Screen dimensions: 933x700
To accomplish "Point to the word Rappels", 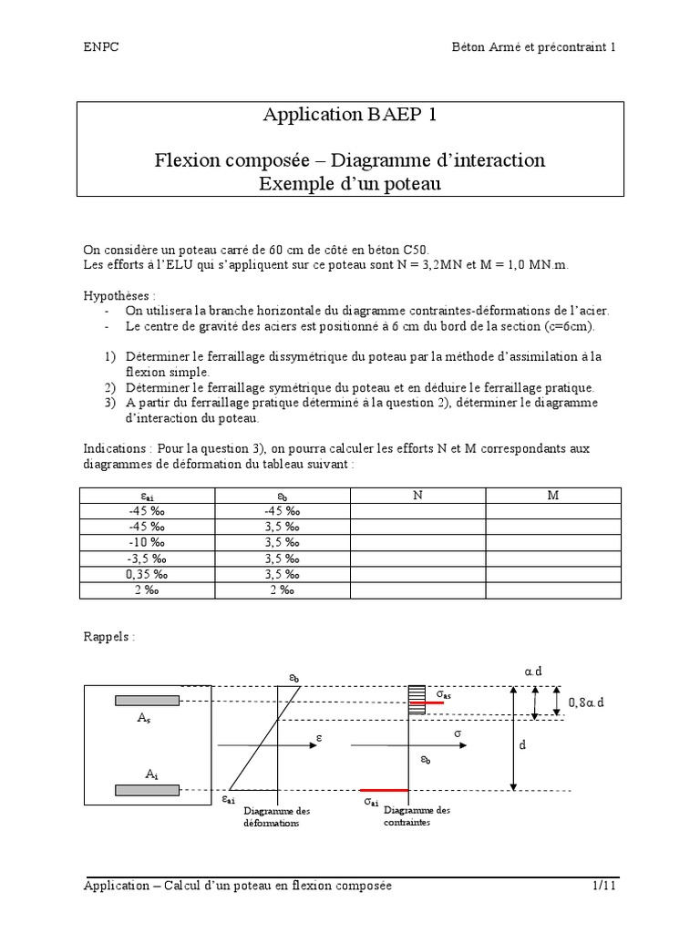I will [108, 637].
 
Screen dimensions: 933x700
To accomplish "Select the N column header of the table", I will [417, 495].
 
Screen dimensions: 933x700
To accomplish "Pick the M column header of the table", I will [552, 495].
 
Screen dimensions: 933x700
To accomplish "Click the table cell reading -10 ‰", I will [147, 542].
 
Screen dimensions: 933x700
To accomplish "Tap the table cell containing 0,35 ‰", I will [147, 574].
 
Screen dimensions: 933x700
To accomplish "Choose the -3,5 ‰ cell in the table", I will [147, 559].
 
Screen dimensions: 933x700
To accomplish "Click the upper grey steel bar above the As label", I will [147, 700].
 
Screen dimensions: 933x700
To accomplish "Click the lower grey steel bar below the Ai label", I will [147, 790].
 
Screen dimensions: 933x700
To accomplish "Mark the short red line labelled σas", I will [426, 703].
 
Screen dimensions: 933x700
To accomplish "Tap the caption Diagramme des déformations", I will [277, 816].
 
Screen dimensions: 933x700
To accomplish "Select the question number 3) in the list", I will [108, 402].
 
